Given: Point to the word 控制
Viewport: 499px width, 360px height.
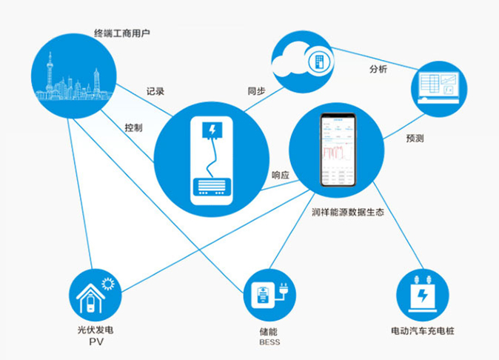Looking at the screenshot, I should click(134, 127).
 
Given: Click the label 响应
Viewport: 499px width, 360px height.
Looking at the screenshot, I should click(281, 176).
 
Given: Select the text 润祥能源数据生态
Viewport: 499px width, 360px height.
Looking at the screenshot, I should click(346, 213).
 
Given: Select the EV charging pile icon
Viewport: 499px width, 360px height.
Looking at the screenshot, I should click(423, 293).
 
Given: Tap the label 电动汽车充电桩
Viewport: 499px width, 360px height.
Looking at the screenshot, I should click(422, 330).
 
